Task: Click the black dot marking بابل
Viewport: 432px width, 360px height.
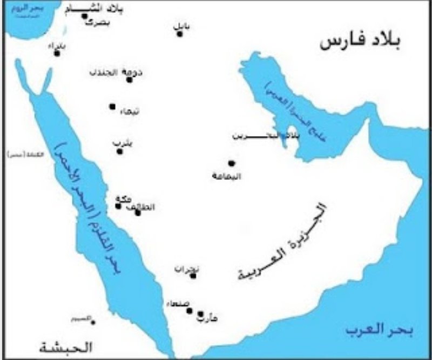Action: tap(180, 34)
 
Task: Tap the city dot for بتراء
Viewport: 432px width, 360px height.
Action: tap(57, 53)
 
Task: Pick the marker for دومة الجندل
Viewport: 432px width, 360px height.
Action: tap(129, 79)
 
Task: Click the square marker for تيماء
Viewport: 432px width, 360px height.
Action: tap(112, 106)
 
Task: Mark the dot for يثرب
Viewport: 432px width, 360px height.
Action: tap(120, 151)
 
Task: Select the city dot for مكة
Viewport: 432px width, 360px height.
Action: tap(118, 205)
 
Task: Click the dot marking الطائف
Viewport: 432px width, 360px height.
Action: tap(138, 212)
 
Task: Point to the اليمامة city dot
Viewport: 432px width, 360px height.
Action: tap(231, 163)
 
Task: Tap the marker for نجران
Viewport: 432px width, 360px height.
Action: tap(193, 276)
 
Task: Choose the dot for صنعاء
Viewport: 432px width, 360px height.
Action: tap(190, 310)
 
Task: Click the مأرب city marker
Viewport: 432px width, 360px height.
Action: tap(200, 314)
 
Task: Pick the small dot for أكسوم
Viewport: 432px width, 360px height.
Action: tap(93, 322)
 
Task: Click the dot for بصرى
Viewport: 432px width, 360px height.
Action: tap(84, 16)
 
